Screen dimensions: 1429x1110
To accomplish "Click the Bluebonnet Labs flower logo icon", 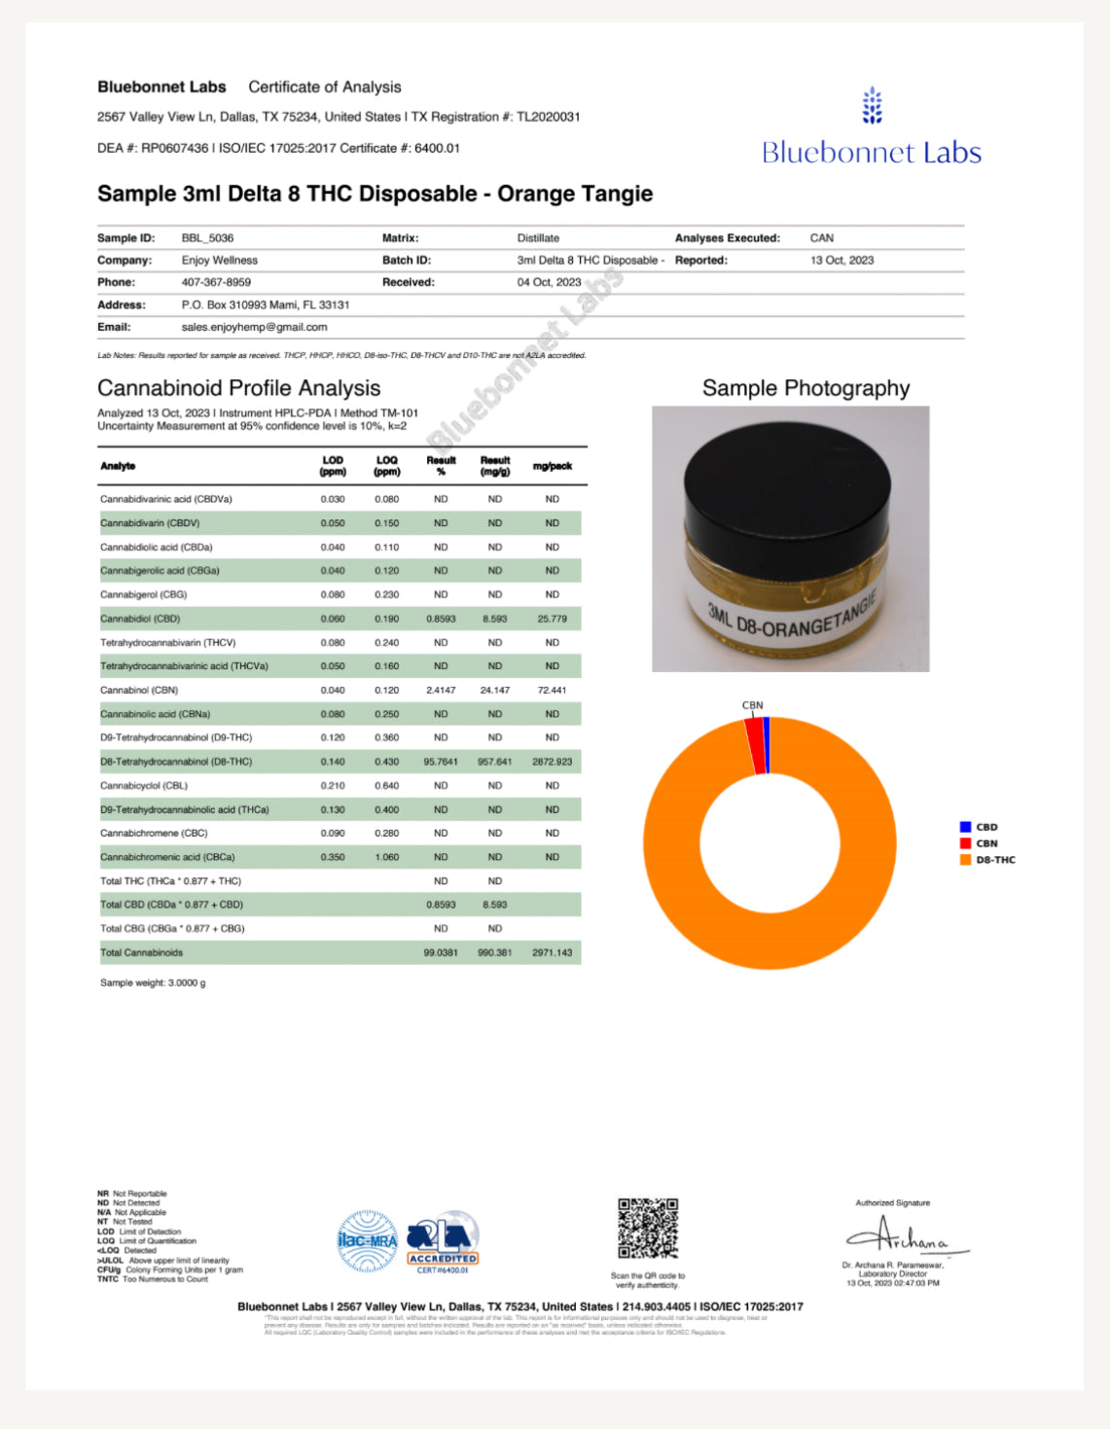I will click(x=872, y=106).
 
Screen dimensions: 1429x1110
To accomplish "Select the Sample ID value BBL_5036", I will click(x=207, y=238).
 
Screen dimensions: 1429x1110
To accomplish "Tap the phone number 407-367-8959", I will click(x=216, y=283).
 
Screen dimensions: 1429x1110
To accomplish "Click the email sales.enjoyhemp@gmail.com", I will click(x=254, y=328).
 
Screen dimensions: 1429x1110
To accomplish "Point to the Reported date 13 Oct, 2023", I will click(x=841, y=261).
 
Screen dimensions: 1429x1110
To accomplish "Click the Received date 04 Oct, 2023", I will click(x=549, y=283).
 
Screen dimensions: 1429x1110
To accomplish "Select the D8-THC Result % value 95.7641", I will click(x=441, y=762).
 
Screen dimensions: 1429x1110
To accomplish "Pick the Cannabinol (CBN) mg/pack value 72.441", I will click(x=552, y=691).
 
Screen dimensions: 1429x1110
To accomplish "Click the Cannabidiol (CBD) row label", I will click(x=140, y=619).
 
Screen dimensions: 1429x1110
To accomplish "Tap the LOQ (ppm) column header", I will click(x=386, y=466).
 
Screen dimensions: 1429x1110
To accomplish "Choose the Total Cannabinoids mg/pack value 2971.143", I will click(x=552, y=953).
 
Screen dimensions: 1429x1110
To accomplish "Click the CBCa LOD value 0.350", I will click(x=333, y=857).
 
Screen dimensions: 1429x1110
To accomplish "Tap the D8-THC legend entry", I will click(x=994, y=860).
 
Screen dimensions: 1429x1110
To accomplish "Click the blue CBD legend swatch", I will click(x=965, y=827).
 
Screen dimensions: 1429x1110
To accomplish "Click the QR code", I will click(x=648, y=1229).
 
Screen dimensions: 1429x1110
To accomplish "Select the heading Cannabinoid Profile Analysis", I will click(x=238, y=388).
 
